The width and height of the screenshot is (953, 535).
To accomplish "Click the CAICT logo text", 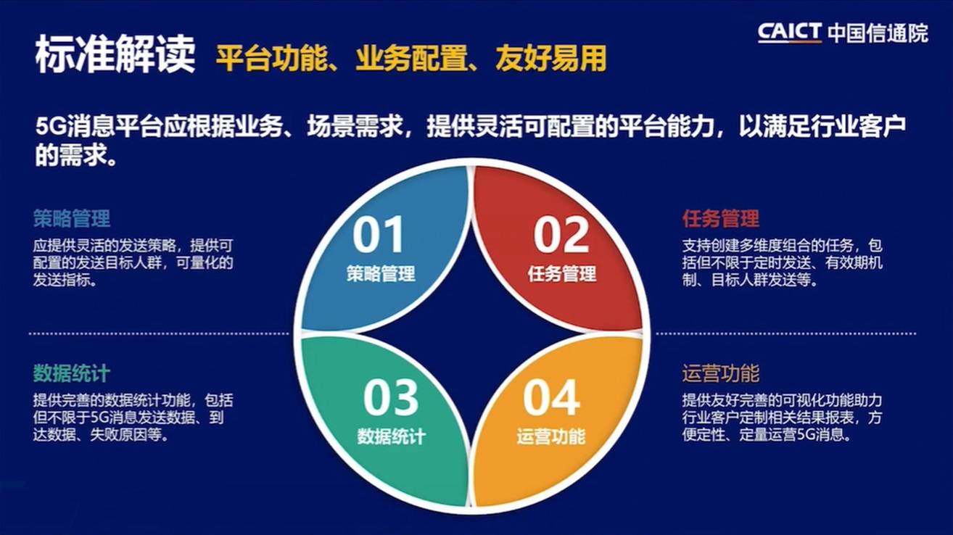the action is pos(789,33).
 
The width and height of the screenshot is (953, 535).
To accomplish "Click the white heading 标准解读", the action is pos(115,55).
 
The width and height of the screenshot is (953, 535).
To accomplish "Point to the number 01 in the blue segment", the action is pos(378,235).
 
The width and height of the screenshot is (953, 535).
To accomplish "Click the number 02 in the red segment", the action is pos(561,235).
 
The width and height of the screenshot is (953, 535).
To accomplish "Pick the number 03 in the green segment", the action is pos(391,398).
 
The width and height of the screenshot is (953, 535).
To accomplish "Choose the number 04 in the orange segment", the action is pos(551,398).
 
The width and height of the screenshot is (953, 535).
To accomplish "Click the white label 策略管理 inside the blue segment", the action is pos(381,273).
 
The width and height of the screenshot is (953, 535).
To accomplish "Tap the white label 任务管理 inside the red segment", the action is pos(562,273).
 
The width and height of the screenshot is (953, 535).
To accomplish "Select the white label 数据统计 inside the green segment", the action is pos(391,436).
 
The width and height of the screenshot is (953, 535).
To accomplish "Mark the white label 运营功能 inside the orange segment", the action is pos(551,436).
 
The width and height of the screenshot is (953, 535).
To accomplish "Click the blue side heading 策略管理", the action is pos(72,219).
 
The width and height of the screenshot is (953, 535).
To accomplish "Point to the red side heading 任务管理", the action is pos(721,219).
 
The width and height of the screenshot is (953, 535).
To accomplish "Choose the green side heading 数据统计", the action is pos(72,373).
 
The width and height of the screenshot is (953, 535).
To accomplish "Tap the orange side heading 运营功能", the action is pos(721,373).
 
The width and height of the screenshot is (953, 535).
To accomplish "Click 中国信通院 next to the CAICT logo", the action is pos(878,33).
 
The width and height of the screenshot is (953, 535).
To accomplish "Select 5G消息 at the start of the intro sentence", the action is pos(75,126).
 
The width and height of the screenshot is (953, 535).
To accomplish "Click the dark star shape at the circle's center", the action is pos(472,333).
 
